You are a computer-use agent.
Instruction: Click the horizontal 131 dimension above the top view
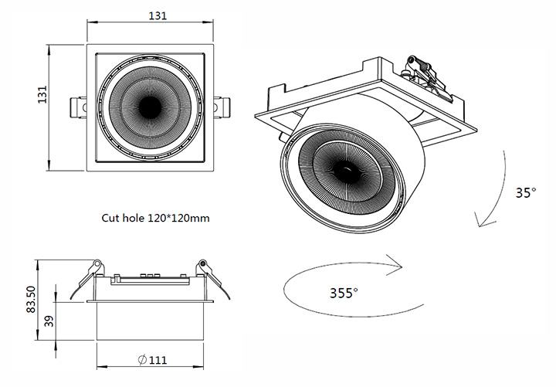click(x=158, y=16)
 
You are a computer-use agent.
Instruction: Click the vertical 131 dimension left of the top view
click(x=42, y=95)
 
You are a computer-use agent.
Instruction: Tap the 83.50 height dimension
click(x=31, y=299)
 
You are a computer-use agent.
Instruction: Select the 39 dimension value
click(x=50, y=321)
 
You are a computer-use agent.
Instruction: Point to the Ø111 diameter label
click(x=152, y=360)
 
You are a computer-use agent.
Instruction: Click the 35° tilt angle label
click(x=526, y=192)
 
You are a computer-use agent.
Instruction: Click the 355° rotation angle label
click(x=344, y=293)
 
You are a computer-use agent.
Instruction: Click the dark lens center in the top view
click(x=150, y=107)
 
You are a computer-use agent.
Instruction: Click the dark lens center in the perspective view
click(x=347, y=170)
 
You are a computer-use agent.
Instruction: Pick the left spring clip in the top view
click(x=78, y=107)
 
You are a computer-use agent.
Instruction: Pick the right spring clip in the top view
click(x=222, y=107)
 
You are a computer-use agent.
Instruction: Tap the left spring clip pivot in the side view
click(x=97, y=263)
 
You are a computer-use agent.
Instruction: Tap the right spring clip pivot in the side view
click(x=202, y=263)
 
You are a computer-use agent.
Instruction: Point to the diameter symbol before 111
click(x=142, y=360)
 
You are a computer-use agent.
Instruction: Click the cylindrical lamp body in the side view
click(x=150, y=321)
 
